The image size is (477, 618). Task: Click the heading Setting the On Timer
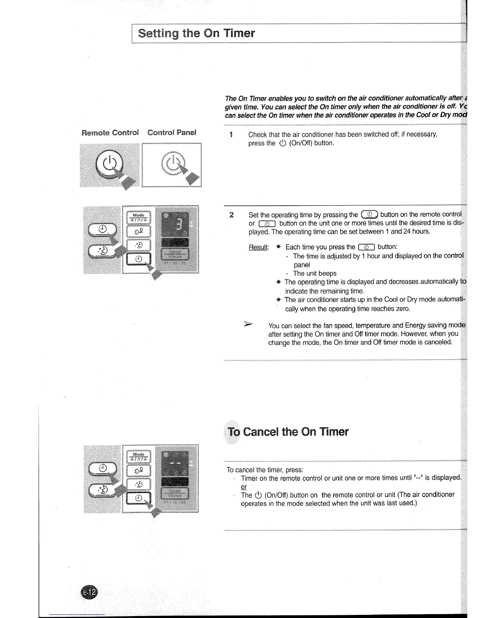pyautogui.click(x=196, y=33)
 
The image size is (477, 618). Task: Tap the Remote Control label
pyautogui.click(x=110, y=133)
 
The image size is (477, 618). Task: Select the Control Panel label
pyautogui.click(x=171, y=133)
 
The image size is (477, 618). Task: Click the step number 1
pyautogui.click(x=231, y=135)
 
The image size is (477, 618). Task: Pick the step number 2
pyautogui.click(x=231, y=215)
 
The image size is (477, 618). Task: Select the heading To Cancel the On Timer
pyautogui.click(x=288, y=432)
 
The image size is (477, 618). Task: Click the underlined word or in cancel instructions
pyautogui.click(x=244, y=487)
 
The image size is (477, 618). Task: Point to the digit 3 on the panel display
pyautogui.click(x=179, y=225)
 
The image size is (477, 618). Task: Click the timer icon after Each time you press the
pyautogui.click(x=366, y=247)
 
